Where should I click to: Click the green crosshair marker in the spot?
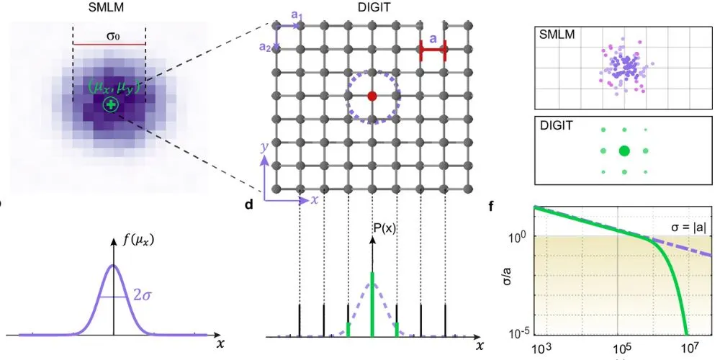point(110,106)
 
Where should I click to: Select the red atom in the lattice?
point(372,96)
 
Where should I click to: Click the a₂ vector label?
point(266,46)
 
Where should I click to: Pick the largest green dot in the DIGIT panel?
point(624,150)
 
